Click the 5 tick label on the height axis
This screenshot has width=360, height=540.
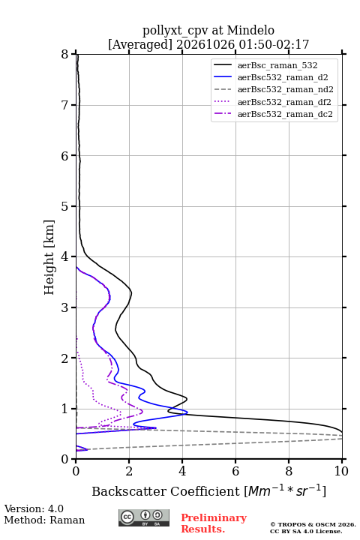pyautogui.click(x=65, y=206)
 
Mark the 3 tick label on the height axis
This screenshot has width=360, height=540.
pyautogui.click(x=65, y=307)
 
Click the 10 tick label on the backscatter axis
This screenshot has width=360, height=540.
pyautogui.click(x=341, y=471)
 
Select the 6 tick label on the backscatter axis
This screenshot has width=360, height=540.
pyautogui.click(x=235, y=471)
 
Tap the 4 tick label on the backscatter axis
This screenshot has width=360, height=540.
pyautogui.click(x=182, y=471)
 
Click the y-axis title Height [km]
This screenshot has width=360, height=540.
pyautogui.click(x=49, y=257)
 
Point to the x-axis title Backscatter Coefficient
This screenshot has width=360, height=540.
pyautogui.click(x=165, y=491)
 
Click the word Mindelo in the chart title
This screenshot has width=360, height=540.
pyautogui.click(x=250, y=30)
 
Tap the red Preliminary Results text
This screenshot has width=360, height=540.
pyautogui.click(x=214, y=523)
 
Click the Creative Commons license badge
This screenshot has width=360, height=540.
pyautogui.click(x=144, y=517)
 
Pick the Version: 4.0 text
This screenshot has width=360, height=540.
pyautogui.click(x=34, y=508)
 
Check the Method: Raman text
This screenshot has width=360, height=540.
pyautogui.click(x=44, y=520)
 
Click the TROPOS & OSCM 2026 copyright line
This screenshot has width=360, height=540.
pyautogui.click(x=313, y=524)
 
